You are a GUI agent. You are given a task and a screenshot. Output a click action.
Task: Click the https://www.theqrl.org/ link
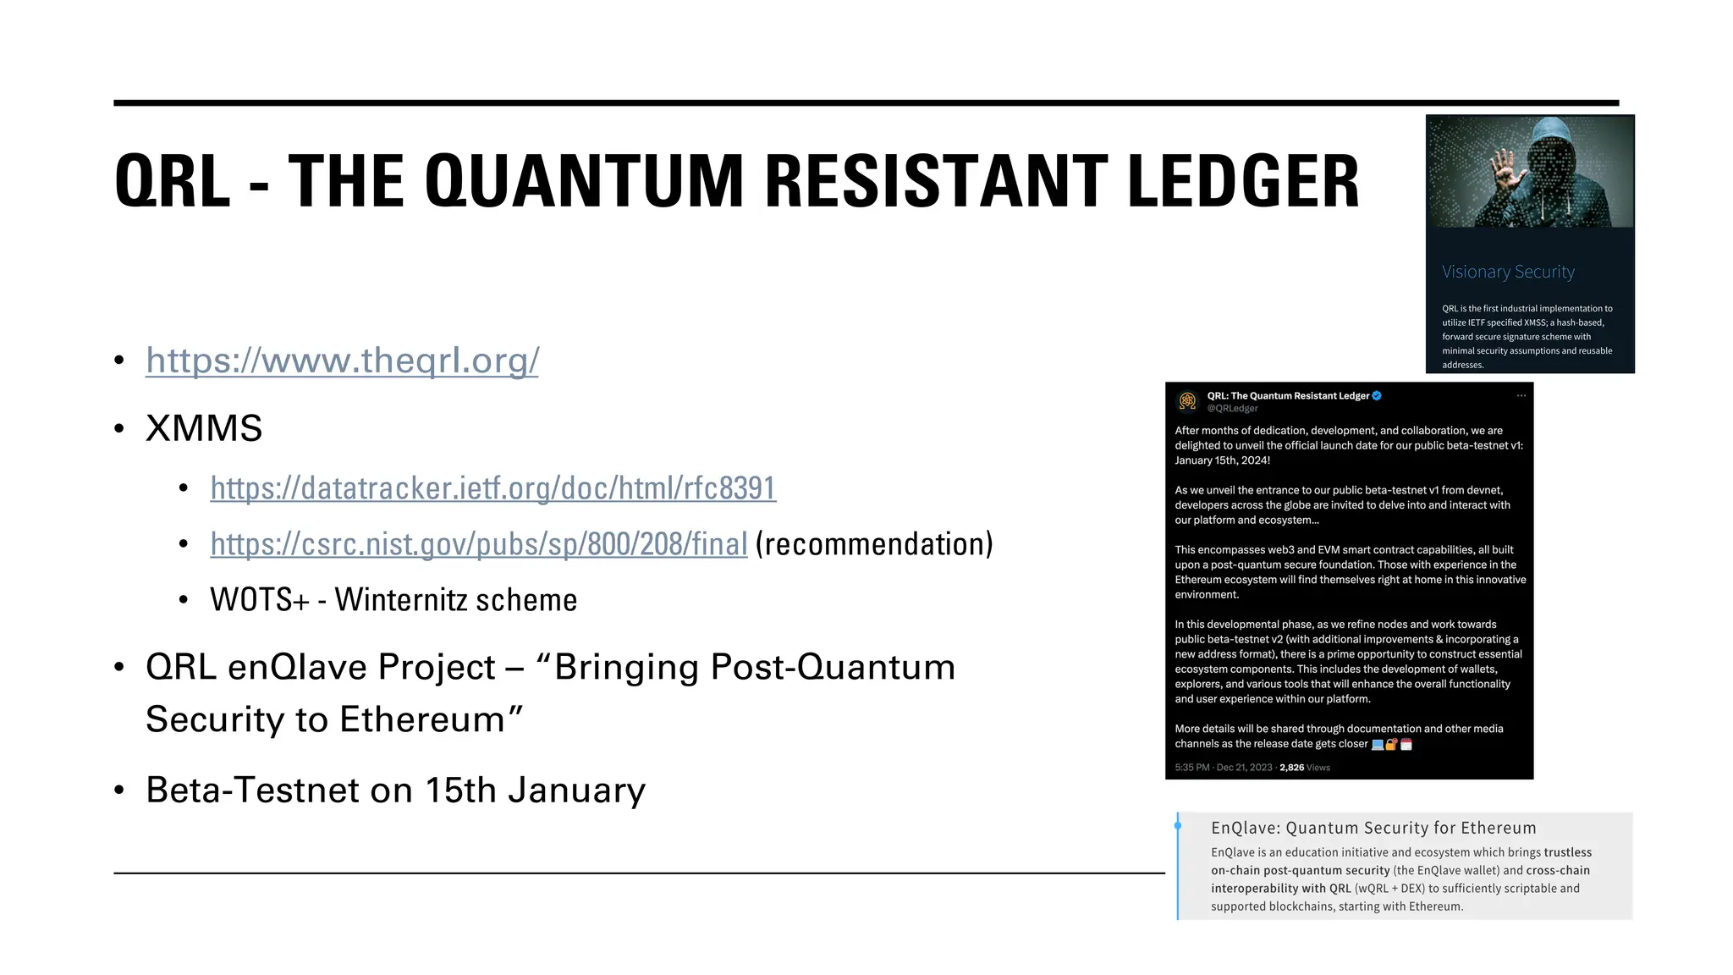342,361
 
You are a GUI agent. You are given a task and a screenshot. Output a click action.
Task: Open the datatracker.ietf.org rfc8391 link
492,488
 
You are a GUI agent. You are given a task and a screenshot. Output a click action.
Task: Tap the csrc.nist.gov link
478,544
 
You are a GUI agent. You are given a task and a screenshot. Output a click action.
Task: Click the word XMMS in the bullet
204,428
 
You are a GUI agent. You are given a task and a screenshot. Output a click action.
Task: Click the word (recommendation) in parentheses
874,544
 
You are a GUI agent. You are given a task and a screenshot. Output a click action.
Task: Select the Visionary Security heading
1508,272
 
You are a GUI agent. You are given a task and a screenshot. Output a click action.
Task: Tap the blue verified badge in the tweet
1377,395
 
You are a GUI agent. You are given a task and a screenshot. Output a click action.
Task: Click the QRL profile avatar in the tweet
1188,400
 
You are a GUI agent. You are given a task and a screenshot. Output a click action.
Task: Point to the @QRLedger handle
1232,408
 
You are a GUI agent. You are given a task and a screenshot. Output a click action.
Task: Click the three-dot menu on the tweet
1521,395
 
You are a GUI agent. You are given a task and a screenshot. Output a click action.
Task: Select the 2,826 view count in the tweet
1291,768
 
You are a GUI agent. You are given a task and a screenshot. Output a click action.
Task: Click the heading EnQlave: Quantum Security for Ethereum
1373,828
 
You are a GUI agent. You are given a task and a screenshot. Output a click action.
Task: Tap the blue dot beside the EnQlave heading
1178,825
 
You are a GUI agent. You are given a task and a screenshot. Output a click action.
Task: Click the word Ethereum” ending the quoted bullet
432,720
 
